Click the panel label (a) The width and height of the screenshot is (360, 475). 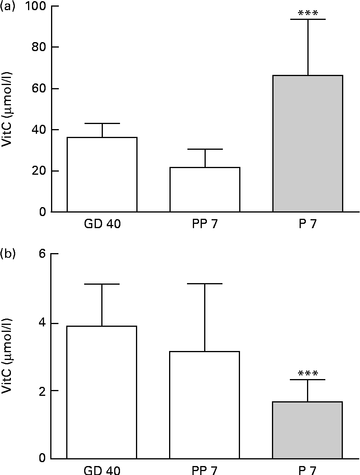[7, 7]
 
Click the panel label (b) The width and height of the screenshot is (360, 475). [7, 254]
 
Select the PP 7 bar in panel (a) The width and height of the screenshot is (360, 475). [205, 190]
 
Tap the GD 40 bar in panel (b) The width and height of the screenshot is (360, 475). [102, 392]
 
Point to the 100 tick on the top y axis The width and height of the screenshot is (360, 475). [38, 7]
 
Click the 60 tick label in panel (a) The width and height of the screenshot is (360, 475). [40, 89]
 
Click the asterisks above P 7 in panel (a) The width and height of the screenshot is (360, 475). [307, 14]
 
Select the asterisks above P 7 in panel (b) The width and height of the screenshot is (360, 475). [307, 374]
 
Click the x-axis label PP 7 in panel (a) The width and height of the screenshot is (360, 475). [205, 225]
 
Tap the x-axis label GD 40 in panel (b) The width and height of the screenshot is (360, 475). [102, 470]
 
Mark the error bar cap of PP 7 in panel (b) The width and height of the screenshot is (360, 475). [205, 284]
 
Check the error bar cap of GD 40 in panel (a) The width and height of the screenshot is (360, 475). [102, 123]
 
